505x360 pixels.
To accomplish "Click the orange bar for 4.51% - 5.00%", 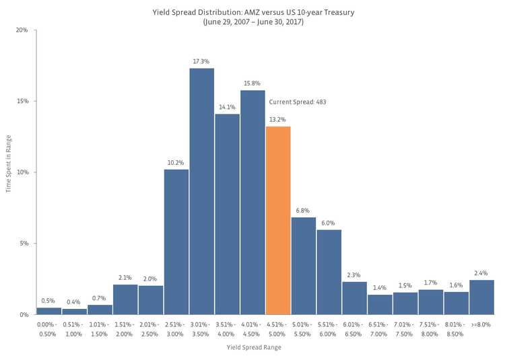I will coord(278,220).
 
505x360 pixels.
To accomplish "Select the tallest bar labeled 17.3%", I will coord(201,191).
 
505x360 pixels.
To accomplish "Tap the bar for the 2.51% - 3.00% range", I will coord(176,242).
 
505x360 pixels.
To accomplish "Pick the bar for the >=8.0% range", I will coord(481,297).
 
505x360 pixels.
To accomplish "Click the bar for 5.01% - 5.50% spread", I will coord(304,266).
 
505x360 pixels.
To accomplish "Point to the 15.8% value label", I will coord(252,83).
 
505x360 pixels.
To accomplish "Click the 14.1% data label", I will coord(227,107).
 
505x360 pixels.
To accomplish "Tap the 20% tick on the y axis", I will coord(22,30).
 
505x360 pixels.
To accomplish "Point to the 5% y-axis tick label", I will coord(24,244).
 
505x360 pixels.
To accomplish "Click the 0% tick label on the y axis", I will coord(24,314).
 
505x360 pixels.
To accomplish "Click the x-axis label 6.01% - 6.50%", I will coord(354,329).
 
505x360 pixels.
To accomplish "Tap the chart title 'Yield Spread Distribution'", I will coord(252,12).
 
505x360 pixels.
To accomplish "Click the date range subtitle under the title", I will coord(252,22).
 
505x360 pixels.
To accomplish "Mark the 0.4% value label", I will coord(74,301).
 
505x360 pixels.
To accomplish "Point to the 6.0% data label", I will coord(329,223).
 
